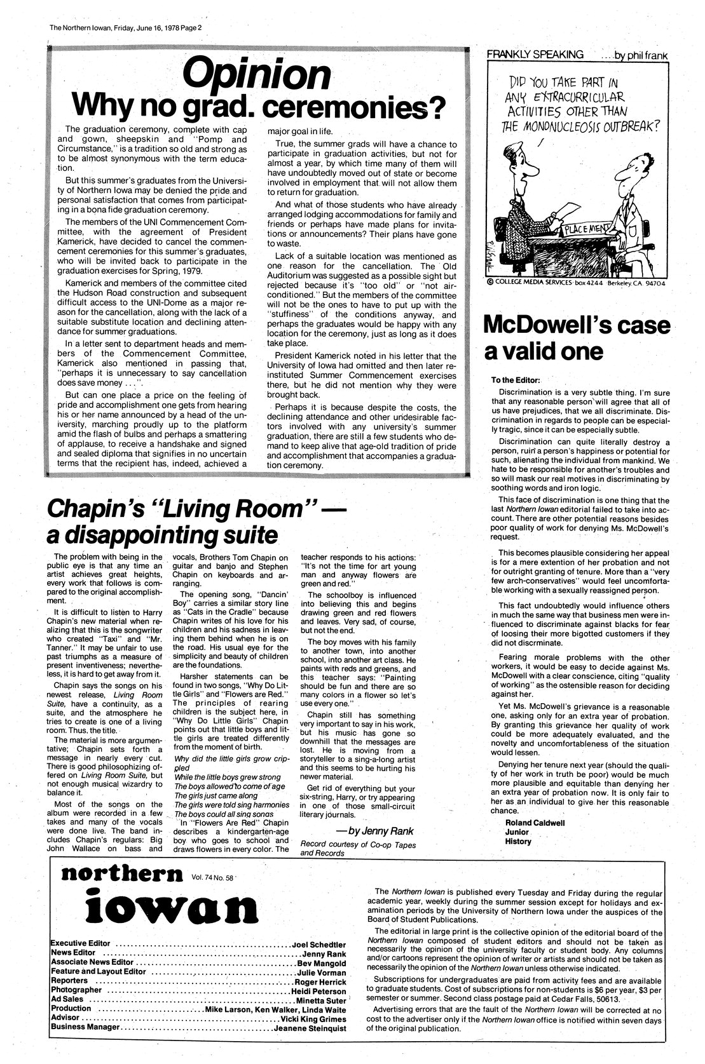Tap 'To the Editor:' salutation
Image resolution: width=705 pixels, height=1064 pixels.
pyautogui.click(x=515, y=380)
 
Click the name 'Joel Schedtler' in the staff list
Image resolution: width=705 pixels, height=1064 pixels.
pyautogui.click(x=319, y=945)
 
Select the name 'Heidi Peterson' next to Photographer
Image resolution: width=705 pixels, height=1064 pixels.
pyautogui.click(x=318, y=991)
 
